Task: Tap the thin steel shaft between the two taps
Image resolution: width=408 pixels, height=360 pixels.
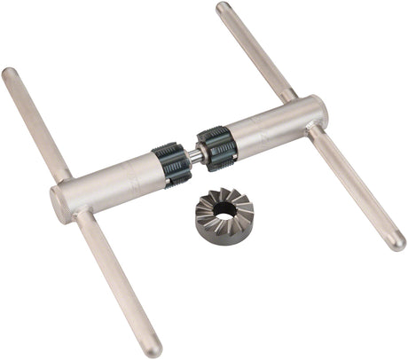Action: click(x=196, y=156)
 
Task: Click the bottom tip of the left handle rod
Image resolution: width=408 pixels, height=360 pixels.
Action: click(x=153, y=348)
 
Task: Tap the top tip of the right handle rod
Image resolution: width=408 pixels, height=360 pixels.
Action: click(x=223, y=9)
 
